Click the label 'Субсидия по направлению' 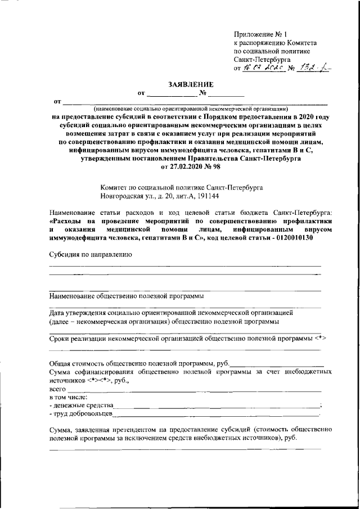[x=90, y=254]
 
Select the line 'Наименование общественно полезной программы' [x=125, y=295]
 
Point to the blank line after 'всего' [x=194, y=389]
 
